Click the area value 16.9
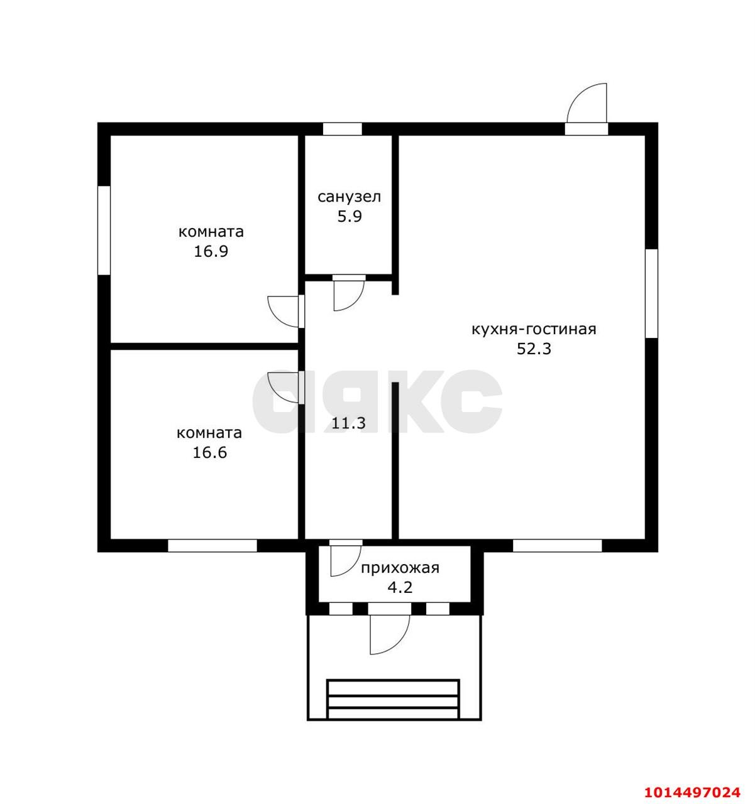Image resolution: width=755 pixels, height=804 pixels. point(211,251)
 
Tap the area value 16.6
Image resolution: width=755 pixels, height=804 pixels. point(209,452)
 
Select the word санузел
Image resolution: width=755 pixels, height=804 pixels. point(350,197)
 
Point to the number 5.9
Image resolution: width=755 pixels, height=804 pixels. point(350,217)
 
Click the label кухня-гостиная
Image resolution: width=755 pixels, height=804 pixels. point(534,329)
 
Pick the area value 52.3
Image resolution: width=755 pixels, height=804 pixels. point(534,349)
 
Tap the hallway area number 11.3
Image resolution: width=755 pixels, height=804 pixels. point(348,423)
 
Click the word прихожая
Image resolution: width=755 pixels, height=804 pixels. point(400,568)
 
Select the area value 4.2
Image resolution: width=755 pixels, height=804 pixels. point(400,587)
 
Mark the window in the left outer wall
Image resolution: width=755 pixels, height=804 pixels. point(104,230)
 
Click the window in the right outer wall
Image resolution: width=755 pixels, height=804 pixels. point(651,293)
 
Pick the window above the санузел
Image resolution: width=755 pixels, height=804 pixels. point(342,129)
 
